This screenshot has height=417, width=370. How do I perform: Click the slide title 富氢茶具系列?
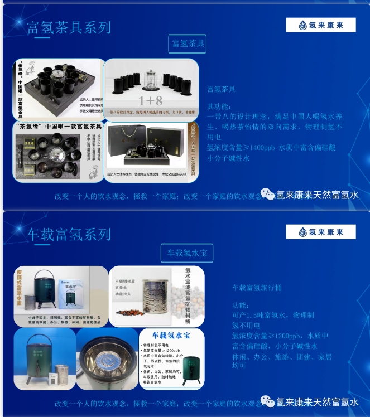click(x=69, y=27)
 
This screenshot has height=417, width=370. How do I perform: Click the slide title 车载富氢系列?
click(x=69, y=235)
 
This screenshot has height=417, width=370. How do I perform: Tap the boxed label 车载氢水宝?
click(x=187, y=253)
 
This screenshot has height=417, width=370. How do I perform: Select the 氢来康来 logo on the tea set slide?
click(x=320, y=25)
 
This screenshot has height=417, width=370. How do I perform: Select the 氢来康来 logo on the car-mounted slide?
click(x=320, y=232)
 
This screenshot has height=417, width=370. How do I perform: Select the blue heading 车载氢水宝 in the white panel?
click(x=171, y=335)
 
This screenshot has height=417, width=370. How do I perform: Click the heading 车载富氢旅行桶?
click(x=257, y=288)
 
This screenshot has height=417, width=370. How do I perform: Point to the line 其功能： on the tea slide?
click(x=218, y=106)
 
